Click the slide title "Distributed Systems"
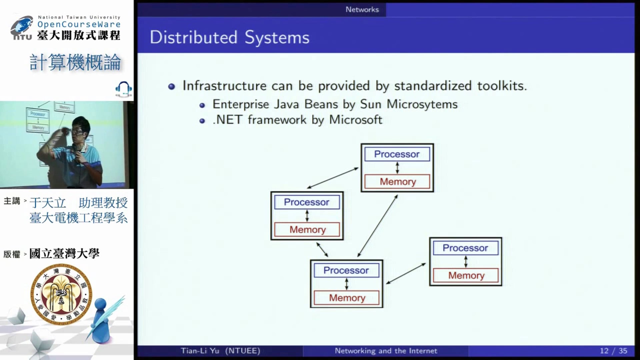click(x=230, y=37)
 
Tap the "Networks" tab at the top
click(x=362, y=10)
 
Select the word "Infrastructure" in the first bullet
click(x=224, y=86)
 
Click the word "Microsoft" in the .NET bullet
click(x=356, y=119)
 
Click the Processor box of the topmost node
click(x=397, y=154)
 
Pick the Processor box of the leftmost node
click(x=307, y=202)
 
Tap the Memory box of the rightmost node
click(x=466, y=275)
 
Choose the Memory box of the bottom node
click(x=346, y=298)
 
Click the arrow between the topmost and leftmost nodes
click(x=333, y=178)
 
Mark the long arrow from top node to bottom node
click(x=378, y=226)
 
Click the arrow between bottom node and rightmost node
click(x=406, y=274)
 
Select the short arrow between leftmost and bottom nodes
click(x=322, y=249)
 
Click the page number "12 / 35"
click(x=613, y=351)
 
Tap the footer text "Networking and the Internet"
click(x=386, y=351)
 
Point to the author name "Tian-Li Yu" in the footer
click(x=200, y=351)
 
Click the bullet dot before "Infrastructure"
click(x=172, y=87)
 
